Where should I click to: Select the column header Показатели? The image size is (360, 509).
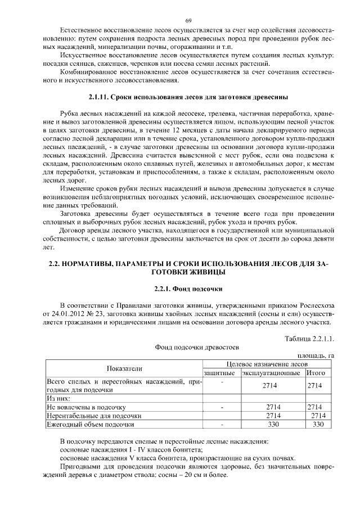coord(124,368)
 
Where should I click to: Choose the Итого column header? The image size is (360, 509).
coord(317,373)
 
